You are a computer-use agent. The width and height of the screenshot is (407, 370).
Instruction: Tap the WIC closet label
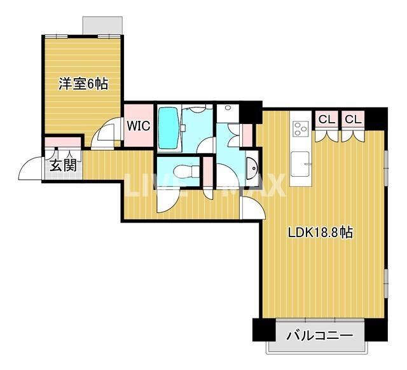[138, 125]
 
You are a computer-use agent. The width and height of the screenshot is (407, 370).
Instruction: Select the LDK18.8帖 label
[321, 233]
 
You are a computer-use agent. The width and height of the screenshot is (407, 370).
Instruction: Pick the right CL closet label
[353, 119]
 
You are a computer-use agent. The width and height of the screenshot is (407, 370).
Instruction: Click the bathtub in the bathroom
[169, 127]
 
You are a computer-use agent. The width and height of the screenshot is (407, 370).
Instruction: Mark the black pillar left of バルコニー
[262, 330]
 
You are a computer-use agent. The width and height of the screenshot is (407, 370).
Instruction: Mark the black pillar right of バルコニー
[378, 330]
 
